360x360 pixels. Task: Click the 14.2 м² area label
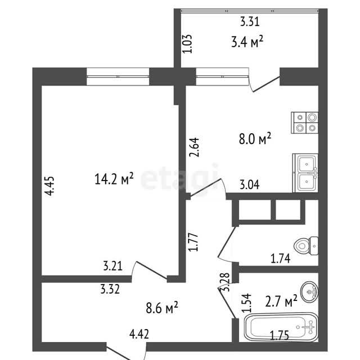pyautogui.click(x=114, y=179)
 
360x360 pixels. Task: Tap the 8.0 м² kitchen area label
pyautogui.click(x=255, y=138)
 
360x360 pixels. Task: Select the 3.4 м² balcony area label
pyautogui.click(x=247, y=42)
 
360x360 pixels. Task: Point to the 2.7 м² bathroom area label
pyautogui.click(x=281, y=301)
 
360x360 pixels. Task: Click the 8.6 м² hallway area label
pyautogui.click(x=162, y=308)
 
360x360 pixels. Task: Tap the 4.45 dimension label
pyautogui.click(x=50, y=186)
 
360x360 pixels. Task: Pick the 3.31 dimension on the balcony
pyautogui.click(x=250, y=22)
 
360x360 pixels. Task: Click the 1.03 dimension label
pyautogui.click(x=187, y=44)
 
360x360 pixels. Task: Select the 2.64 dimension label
pyautogui.click(x=194, y=147)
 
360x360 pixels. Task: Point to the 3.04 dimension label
pyautogui.click(x=250, y=185)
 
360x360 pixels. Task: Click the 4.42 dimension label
pyautogui.click(x=139, y=334)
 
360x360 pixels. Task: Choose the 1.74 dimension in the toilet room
pyautogui.click(x=280, y=259)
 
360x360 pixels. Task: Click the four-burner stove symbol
pyautogui.click(x=305, y=123)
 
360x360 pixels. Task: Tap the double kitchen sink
pyautogui.click(x=305, y=173)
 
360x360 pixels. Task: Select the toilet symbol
pyautogui.click(x=306, y=246)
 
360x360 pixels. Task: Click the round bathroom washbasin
pyautogui.click(x=309, y=291)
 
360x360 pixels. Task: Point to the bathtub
pyautogui.click(x=281, y=327)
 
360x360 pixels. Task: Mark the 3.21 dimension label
pyautogui.click(x=112, y=266)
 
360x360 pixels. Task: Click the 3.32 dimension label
pyautogui.click(x=110, y=289)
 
